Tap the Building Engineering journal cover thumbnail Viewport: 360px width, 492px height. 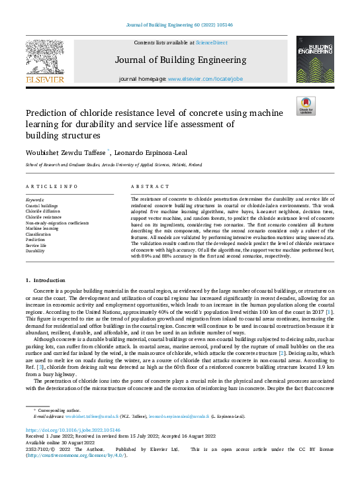(x=315, y=60)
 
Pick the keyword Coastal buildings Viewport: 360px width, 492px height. (x=41, y=206)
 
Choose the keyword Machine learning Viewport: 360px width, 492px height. (x=41, y=228)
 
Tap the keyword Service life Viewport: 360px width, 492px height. (x=36, y=245)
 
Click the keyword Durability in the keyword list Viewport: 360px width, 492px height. (x=36, y=251)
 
